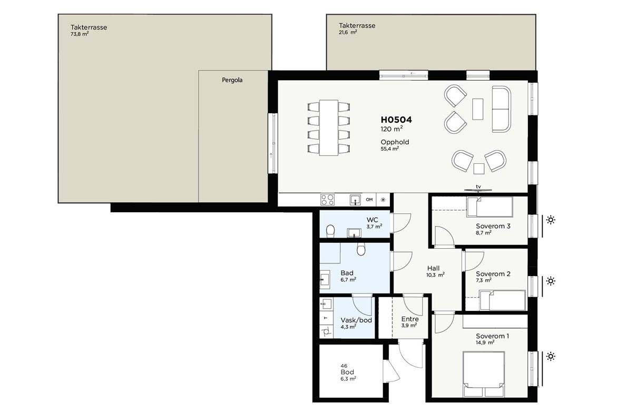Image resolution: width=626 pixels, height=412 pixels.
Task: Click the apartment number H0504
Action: [396, 120]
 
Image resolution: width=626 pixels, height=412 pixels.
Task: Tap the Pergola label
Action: [232, 80]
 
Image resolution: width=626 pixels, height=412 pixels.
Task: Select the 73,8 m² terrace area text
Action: [80, 34]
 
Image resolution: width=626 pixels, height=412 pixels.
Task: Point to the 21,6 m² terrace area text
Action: [348, 32]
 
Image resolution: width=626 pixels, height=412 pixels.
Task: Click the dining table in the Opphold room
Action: [329, 127]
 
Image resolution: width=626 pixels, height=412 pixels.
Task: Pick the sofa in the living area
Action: [502, 109]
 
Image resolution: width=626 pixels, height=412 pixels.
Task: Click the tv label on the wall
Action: [478, 187]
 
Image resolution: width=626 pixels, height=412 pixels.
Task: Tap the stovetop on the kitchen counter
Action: [327, 200]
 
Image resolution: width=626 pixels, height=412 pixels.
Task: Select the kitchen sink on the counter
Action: [355, 200]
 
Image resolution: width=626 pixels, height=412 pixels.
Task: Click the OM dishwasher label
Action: [369, 200]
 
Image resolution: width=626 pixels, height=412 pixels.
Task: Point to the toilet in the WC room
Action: [330, 231]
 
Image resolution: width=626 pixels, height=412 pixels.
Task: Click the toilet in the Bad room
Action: [361, 249]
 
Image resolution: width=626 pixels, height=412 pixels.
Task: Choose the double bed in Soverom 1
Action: [484, 369]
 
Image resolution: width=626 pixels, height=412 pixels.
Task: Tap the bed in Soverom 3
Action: [490, 207]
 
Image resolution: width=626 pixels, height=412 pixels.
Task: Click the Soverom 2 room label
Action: [493, 274]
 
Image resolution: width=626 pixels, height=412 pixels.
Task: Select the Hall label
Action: [433, 268]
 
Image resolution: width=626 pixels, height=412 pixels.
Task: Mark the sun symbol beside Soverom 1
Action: [551, 356]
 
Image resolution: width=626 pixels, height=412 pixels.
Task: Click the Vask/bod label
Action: [356, 320]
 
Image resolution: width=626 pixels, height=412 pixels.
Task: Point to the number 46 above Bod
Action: [344, 366]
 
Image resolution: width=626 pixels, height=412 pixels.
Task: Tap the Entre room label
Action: [410, 319]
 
